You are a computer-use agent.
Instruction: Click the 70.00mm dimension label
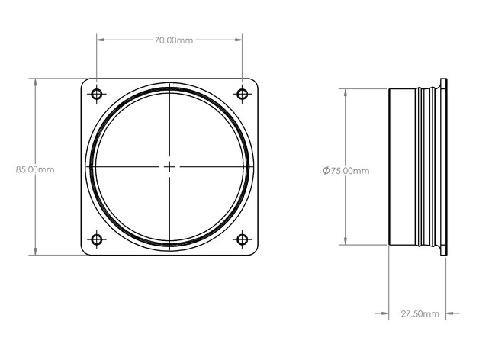click(173, 40)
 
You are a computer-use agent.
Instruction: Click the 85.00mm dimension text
click(35, 169)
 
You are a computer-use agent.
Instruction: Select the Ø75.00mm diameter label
click(346, 170)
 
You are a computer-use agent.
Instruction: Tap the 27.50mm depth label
click(420, 313)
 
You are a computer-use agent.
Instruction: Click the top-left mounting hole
click(97, 94)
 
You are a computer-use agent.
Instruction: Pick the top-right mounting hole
click(243, 94)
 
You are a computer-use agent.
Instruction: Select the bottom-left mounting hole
click(97, 239)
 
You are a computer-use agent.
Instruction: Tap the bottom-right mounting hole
click(243, 239)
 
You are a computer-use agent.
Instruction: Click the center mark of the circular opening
click(169, 167)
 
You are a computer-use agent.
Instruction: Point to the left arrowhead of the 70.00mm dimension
click(101, 40)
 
